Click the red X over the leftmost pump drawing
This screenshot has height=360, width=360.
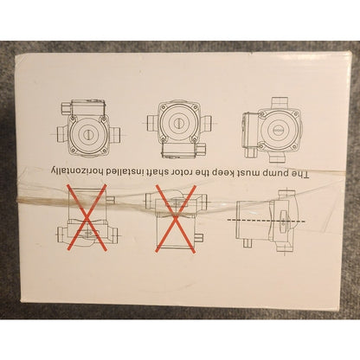click(x=87, y=218)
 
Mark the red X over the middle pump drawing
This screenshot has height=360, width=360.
click(x=176, y=219)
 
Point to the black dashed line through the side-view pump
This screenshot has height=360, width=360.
click(x=267, y=221)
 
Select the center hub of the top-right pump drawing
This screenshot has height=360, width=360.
click(x=277, y=130)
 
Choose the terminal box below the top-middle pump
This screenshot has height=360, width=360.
click(x=179, y=150)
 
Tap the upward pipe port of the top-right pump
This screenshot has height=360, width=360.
click(x=279, y=104)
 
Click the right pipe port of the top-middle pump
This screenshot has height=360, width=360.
click(x=206, y=123)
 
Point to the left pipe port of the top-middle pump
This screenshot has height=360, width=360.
click(x=152, y=123)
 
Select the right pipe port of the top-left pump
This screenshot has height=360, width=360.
click(x=114, y=134)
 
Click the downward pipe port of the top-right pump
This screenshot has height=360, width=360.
click(x=277, y=157)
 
